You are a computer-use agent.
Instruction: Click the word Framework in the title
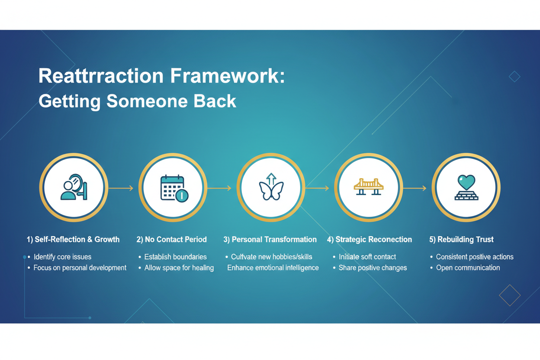(227, 76)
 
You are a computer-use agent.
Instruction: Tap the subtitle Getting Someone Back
(137, 101)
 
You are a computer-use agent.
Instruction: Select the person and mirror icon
(74, 187)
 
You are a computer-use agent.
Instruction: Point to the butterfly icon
(271, 187)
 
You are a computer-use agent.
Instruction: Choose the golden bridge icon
(369, 186)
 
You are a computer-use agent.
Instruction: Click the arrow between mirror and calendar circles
(121, 188)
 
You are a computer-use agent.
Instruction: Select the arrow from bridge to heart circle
(415, 188)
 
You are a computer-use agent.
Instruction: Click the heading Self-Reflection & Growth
(73, 239)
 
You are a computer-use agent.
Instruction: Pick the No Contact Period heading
(172, 239)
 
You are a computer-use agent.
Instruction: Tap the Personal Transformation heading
(270, 239)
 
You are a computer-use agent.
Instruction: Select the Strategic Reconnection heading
(370, 239)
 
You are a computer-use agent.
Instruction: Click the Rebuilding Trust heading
(461, 239)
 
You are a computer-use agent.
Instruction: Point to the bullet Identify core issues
(62, 257)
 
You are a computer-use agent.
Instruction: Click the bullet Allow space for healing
(179, 268)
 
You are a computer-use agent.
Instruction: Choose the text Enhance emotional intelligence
(273, 268)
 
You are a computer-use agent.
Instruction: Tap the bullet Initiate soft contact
(367, 257)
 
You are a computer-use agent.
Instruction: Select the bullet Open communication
(468, 268)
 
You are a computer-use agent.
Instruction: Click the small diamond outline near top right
(514, 77)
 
